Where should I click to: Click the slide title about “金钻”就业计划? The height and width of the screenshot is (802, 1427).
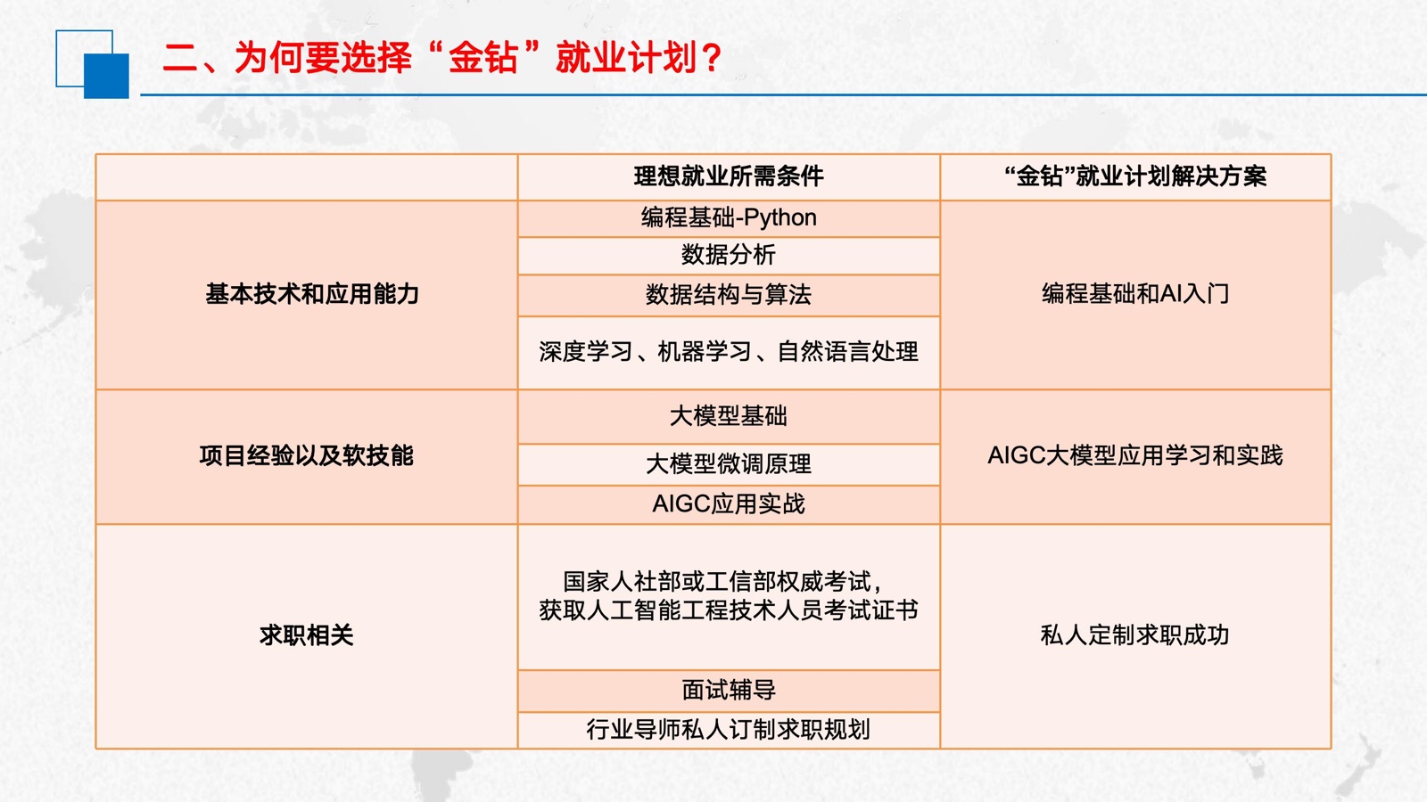tap(442, 58)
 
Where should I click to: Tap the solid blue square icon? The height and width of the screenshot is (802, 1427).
tap(106, 76)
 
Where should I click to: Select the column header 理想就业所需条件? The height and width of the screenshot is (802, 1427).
tap(729, 176)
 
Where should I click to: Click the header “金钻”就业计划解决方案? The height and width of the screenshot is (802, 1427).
tap(1135, 176)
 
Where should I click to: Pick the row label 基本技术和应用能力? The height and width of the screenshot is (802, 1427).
tap(312, 294)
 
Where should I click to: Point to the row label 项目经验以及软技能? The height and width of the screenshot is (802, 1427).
tap(307, 455)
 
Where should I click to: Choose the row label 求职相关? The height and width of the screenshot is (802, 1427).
tap(307, 635)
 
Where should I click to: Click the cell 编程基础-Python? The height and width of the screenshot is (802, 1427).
tap(729, 217)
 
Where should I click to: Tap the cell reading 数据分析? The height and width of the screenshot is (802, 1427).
tap(729, 255)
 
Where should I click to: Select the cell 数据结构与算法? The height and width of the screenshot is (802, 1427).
tap(729, 295)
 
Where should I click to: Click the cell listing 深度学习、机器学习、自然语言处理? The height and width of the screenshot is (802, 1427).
tap(729, 351)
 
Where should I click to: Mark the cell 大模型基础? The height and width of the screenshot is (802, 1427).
tap(729, 416)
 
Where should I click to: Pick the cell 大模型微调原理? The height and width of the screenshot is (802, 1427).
tap(729, 464)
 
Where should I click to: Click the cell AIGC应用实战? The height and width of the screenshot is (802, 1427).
tap(729, 504)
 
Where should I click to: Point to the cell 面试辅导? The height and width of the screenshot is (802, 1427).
tap(729, 690)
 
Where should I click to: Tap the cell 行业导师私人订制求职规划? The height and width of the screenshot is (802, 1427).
tap(729, 730)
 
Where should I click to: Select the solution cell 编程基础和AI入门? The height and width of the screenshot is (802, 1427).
tap(1135, 294)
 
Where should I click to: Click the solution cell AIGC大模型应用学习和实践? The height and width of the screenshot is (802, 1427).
tap(1135, 455)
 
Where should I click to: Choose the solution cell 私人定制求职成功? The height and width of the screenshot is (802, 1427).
tap(1135, 635)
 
